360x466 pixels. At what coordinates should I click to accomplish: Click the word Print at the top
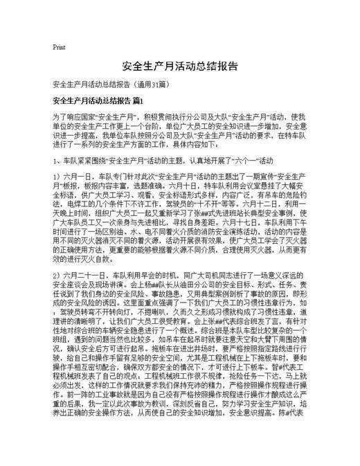click(59, 47)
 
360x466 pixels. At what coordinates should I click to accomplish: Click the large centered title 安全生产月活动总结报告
click(180, 67)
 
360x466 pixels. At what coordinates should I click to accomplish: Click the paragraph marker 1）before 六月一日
click(57, 178)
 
